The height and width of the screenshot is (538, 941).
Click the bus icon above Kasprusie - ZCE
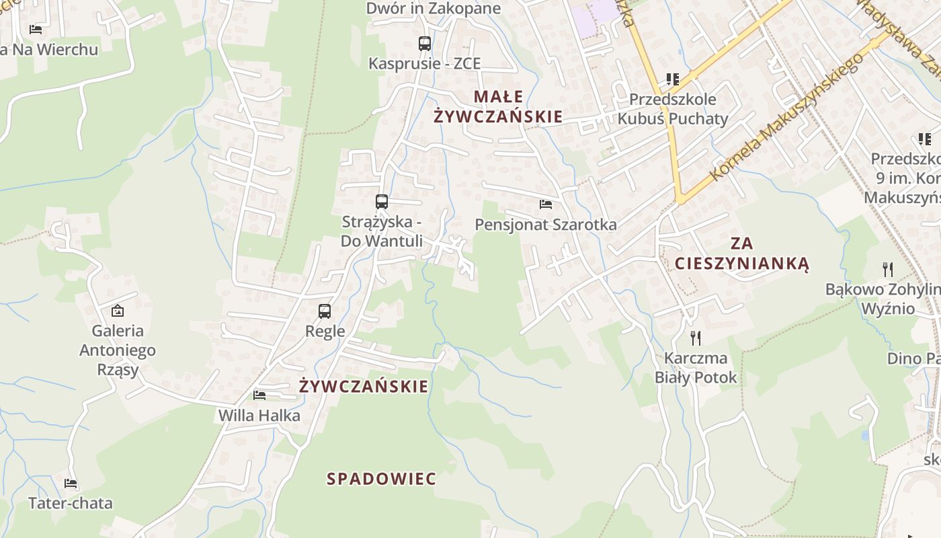coord(424,44)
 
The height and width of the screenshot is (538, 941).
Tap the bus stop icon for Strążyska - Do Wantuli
coord(381,201)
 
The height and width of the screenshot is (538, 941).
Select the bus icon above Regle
coord(325,311)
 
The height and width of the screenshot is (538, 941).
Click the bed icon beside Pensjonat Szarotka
coord(546,204)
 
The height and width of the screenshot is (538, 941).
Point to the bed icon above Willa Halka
coord(259,395)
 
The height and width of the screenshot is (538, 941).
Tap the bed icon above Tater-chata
coord(71,483)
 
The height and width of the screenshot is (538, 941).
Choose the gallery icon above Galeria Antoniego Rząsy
coord(118,310)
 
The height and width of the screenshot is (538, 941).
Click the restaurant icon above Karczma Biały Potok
coord(696,338)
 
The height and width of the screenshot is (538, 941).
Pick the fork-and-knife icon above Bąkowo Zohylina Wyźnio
coord(888,270)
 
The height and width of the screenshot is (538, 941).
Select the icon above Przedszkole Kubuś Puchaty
coord(672,79)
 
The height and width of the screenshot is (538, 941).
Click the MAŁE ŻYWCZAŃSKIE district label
coord(498,106)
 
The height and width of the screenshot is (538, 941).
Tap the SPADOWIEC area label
coord(381,479)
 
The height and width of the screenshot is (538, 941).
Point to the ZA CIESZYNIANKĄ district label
coord(742,253)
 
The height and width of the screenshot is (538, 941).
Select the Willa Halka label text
coord(259,416)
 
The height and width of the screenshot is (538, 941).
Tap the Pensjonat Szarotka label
coord(546,225)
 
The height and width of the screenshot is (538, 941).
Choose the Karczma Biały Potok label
coord(696,367)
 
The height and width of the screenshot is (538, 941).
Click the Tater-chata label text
coord(71,503)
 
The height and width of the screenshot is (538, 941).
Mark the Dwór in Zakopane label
coord(434,9)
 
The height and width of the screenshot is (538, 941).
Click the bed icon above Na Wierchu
coord(36,30)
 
